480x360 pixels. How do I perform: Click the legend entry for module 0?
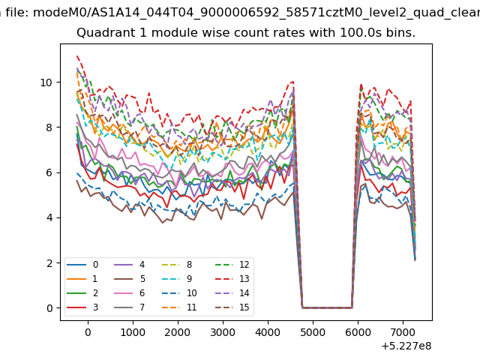pyautogui.click(x=82, y=265)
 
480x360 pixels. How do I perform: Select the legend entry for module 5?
pyautogui.click(x=130, y=279)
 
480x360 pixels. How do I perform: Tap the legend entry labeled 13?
pyautogui.click(x=232, y=279)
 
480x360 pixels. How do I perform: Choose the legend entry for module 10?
pyautogui.click(x=179, y=293)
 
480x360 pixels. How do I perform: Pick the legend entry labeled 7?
pyautogui.click(x=130, y=307)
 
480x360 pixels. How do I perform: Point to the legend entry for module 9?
pyautogui.click(x=177, y=279)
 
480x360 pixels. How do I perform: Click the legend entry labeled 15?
pyautogui.click(x=232, y=307)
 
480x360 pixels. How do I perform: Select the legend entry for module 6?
pyautogui.click(x=130, y=293)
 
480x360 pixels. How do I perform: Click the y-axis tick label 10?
pyautogui.click(x=46, y=82)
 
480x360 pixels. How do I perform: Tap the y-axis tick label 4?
pyautogui.click(x=49, y=218)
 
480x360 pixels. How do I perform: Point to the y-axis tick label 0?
pyautogui.click(x=49, y=308)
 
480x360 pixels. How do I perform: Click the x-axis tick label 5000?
pyautogui.click(x=313, y=332)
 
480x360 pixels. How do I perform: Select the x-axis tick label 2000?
pyautogui.click(x=178, y=332)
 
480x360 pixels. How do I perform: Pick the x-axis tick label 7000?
pyautogui.click(x=403, y=332)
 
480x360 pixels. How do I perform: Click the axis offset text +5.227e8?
pyautogui.click(x=406, y=346)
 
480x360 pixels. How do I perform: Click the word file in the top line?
pyautogui.click(x=16, y=13)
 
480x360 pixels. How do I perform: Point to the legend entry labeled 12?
pyautogui.click(x=232, y=265)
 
